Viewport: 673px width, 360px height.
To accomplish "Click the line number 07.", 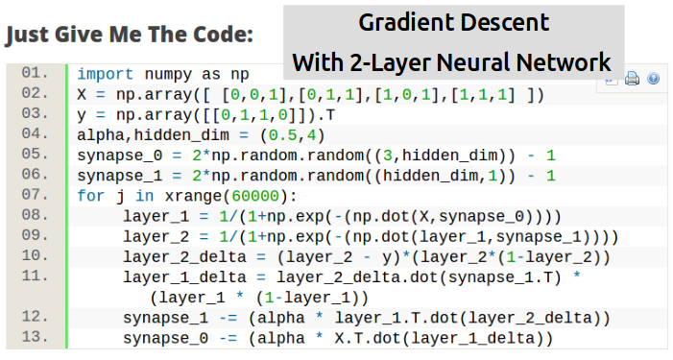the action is point(36,194).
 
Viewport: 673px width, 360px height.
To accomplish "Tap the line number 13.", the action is point(36,336).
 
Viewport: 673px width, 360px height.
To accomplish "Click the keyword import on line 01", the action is point(106,74).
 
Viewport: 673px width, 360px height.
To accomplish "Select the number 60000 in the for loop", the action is point(255,196).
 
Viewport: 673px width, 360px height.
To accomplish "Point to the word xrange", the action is point(193,197).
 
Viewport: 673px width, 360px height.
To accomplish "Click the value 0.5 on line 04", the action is point(283,135).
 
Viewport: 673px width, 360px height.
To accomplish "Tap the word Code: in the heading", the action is point(223,35).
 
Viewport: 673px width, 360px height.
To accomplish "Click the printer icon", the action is point(632,78).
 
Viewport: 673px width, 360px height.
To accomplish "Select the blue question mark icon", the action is point(653,79).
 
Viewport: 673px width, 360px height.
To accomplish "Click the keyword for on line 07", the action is point(91,196).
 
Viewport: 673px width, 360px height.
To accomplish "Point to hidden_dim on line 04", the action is point(181,135).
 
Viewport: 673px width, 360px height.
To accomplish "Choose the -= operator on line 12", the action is point(228,319).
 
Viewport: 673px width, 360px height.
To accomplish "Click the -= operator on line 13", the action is point(228,339).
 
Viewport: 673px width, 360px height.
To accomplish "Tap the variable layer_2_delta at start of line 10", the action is point(184,257).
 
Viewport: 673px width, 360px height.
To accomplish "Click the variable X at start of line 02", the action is point(82,94).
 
